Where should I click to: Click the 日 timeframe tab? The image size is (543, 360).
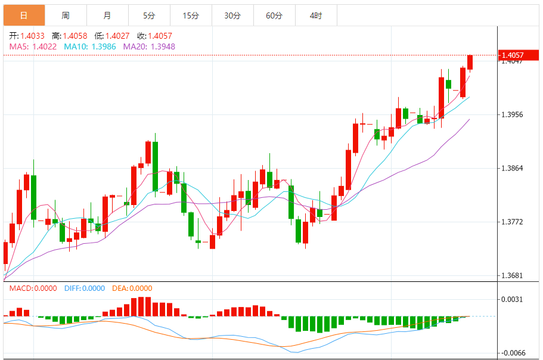[x=23, y=15]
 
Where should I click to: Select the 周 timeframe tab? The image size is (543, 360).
[x=66, y=15]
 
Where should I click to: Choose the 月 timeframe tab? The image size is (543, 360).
[x=107, y=15]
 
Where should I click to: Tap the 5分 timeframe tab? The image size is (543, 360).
[x=149, y=15]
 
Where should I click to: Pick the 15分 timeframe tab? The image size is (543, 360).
[x=191, y=15]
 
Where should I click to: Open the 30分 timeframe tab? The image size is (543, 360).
[x=232, y=15]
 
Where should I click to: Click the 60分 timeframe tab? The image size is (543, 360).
[x=274, y=15]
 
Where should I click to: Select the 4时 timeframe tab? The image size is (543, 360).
[x=316, y=15]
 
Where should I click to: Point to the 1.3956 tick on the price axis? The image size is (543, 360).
[x=513, y=114]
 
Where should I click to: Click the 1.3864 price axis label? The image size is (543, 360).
[x=513, y=168]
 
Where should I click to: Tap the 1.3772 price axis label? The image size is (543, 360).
[x=513, y=222]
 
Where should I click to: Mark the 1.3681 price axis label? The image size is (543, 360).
[x=513, y=275]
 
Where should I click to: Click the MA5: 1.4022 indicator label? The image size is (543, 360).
[x=33, y=46]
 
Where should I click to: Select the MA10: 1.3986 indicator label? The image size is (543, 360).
[x=91, y=46]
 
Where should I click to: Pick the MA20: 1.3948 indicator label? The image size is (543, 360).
[x=149, y=46]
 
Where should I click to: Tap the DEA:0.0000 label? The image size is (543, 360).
[x=132, y=288]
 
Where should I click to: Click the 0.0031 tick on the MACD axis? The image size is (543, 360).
[x=513, y=299]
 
